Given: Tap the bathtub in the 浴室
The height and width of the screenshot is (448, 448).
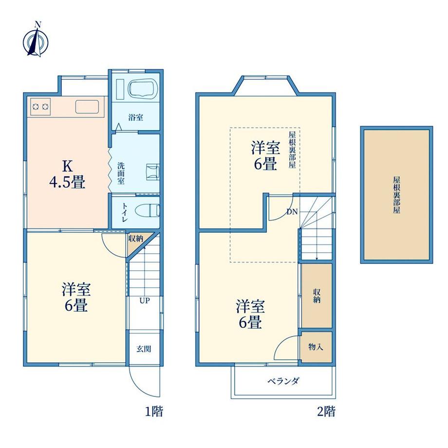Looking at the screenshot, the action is (143, 88).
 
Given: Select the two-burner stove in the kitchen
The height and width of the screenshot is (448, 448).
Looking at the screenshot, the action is (40, 107).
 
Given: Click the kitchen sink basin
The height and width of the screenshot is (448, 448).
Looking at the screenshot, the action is (87, 107).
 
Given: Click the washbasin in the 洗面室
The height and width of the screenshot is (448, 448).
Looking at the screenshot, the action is (153, 172).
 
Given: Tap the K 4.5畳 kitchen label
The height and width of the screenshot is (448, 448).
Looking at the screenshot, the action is (67, 174).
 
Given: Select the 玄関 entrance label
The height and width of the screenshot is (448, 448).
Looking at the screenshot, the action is (144, 349).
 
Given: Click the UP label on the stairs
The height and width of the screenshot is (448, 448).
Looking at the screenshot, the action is (145, 300).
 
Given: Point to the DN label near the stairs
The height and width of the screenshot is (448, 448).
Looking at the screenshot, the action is (292, 212).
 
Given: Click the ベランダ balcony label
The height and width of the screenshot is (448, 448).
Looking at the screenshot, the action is (283, 381).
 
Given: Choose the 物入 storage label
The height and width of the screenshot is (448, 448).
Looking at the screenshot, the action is (316, 347).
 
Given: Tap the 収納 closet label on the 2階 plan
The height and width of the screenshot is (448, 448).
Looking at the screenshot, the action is (317, 296).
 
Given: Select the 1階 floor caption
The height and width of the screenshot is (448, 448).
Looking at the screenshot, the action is (154, 411).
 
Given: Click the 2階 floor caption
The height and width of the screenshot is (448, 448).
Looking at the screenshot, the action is (326, 411).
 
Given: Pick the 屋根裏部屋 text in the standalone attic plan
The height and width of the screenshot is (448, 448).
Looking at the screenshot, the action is (396, 195).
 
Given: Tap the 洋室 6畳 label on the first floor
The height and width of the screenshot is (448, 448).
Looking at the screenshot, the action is (76, 297).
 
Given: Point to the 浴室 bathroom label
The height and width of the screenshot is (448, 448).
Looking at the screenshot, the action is (135, 117).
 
